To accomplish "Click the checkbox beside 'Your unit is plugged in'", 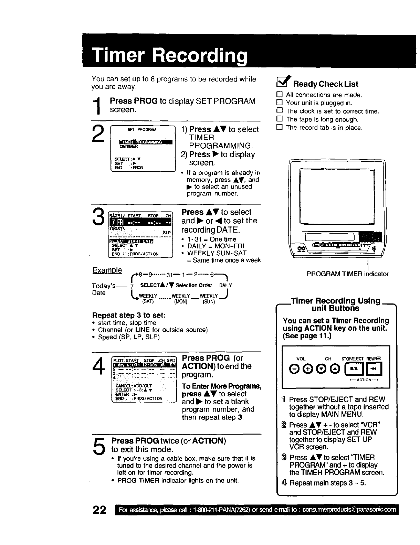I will click(x=280, y=103).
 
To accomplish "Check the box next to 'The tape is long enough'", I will click(x=280, y=119).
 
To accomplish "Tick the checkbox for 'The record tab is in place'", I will click(x=280, y=128).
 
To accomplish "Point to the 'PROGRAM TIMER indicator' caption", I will click(x=348, y=274).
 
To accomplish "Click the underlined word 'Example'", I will click(x=107, y=270).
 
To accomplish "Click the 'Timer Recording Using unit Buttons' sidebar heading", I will click(x=335, y=304).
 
